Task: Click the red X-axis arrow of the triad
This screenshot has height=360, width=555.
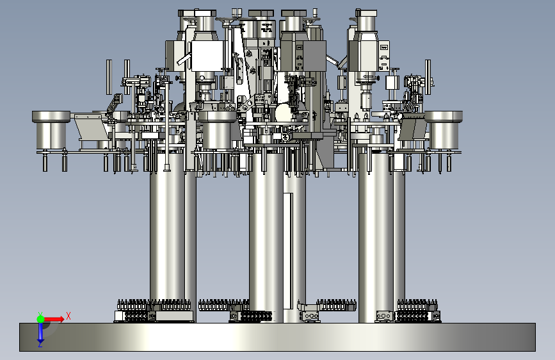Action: [x=54, y=319]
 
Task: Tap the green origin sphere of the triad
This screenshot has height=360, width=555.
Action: [x=40, y=319]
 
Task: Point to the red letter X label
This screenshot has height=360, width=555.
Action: [x=68, y=316]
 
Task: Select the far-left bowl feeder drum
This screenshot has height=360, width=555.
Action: [x=51, y=131]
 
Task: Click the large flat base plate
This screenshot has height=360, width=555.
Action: [x=277, y=337]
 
